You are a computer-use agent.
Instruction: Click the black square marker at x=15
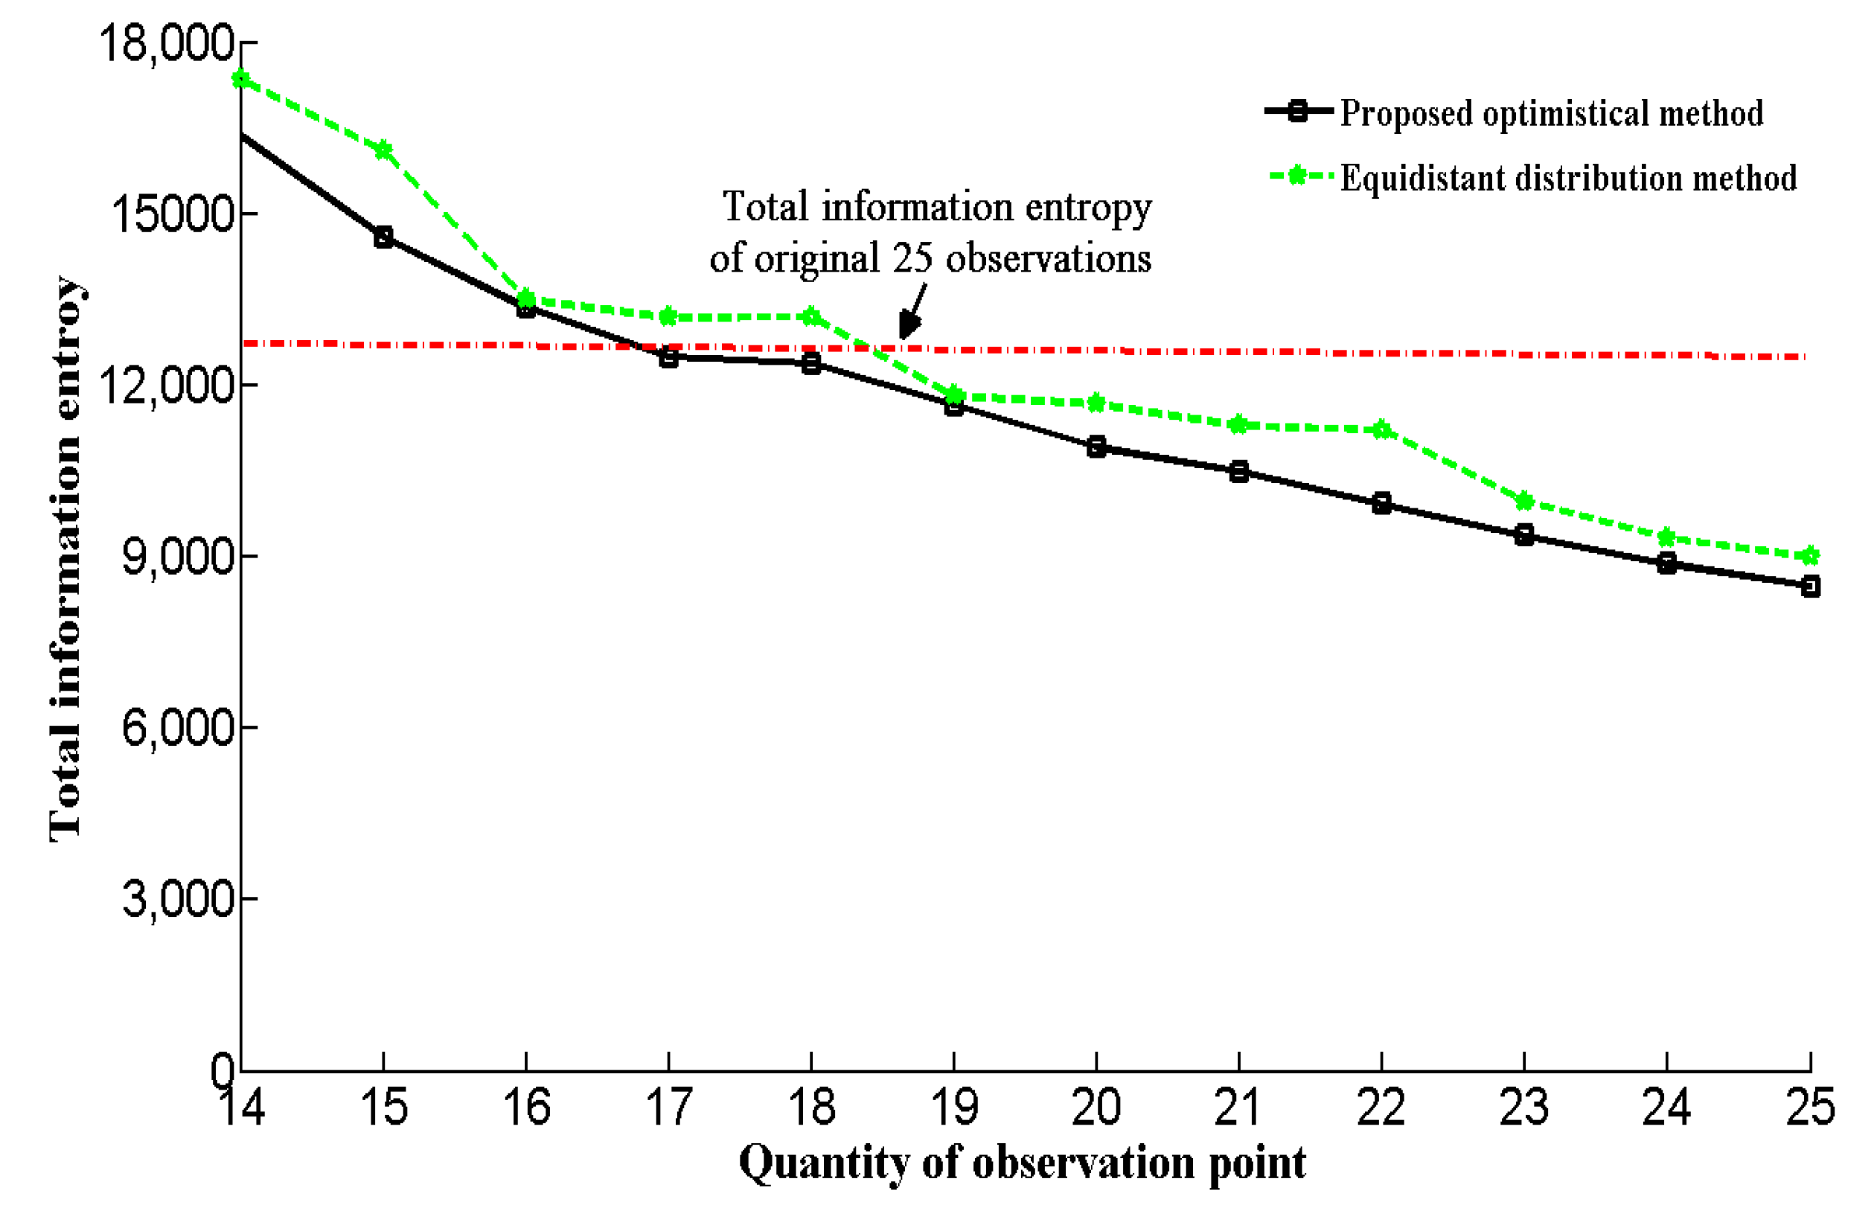pyautogui.click(x=383, y=237)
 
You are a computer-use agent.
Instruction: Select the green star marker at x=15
pyautogui.click(x=383, y=150)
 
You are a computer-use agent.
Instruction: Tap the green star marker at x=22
pyautogui.click(x=1382, y=429)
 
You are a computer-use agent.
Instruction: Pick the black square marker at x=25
pyautogui.click(x=1810, y=586)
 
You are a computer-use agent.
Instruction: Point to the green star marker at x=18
pyautogui.click(x=811, y=317)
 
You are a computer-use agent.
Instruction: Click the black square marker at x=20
pyautogui.click(x=1096, y=447)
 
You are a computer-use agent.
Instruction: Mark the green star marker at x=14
pyautogui.click(x=241, y=79)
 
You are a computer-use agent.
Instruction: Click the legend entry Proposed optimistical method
pyautogui.click(x=1551, y=113)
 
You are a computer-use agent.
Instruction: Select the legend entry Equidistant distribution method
pyautogui.click(x=1567, y=179)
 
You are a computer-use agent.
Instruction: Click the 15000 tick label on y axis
pyautogui.click(x=173, y=213)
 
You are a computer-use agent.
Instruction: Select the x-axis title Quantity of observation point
pyautogui.click(x=1022, y=1163)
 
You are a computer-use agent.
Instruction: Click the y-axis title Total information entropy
pyautogui.click(x=65, y=559)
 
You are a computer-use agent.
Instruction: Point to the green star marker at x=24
pyautogui.click(x=1666, y=537)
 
